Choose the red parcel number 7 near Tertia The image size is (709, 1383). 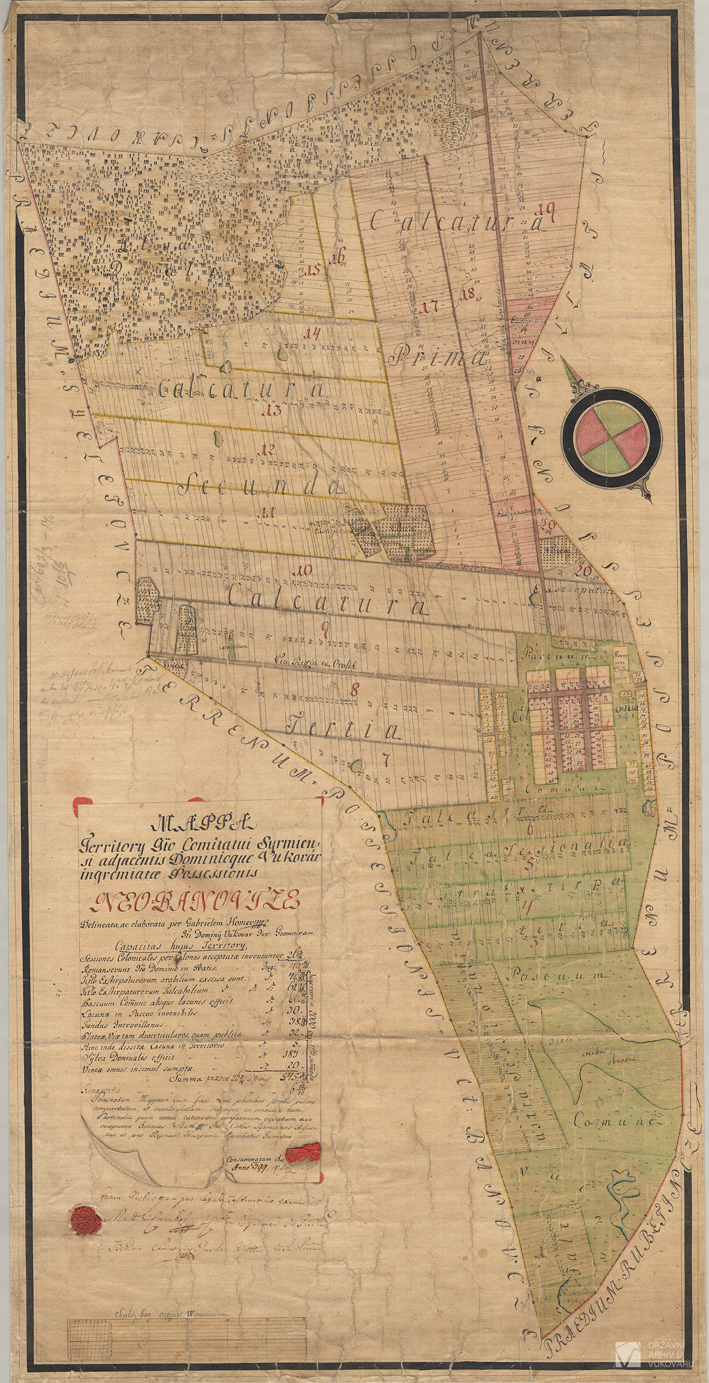click(385, 759)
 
